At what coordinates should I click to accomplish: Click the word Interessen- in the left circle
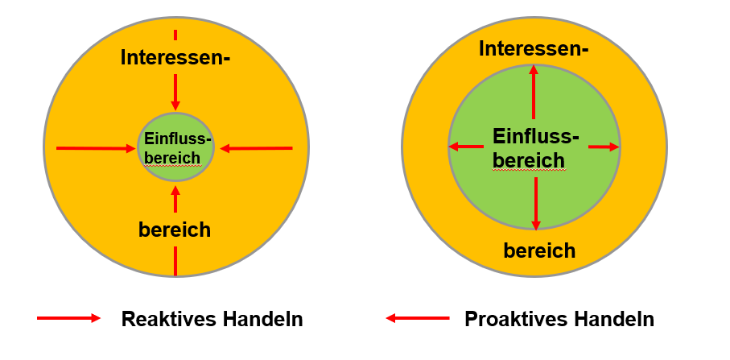click(x=175, y=57)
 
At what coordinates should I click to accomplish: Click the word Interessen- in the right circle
click(x=534, y=49)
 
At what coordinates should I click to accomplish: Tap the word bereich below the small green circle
click(x=175, y=230)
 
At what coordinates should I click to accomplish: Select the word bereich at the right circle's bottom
click(x=539, y=250)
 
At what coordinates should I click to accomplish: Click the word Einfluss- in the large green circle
click(x=535, y=136)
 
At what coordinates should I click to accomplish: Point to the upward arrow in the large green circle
click(x=534, y=93)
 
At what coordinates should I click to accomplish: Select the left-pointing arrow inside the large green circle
click(x=466, y=147)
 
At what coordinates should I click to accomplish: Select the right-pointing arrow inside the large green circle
click(x=604, y=147)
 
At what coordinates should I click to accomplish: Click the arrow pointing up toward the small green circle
click(x=175, y=199)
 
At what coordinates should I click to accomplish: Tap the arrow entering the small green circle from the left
click(x=95, y=148)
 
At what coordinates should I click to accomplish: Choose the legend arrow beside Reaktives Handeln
click(x=68, y=318)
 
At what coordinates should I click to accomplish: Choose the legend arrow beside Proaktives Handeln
click(x=418, y=318)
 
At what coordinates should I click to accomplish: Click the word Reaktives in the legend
click(x=164, y=319)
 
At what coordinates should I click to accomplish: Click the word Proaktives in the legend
click(x=511, y=319)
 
